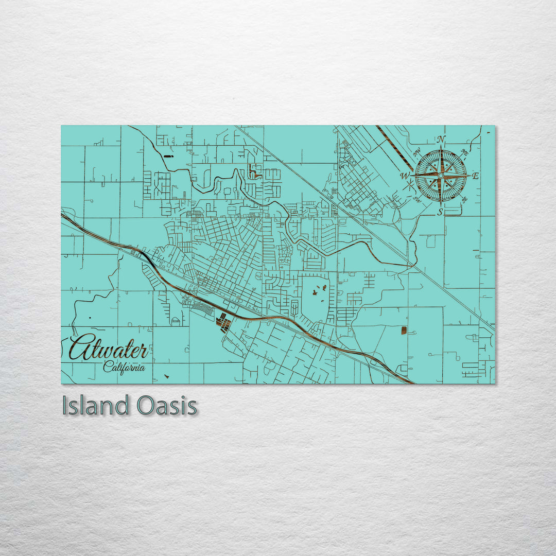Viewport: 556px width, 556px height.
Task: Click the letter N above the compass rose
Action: click(x=441, y=140)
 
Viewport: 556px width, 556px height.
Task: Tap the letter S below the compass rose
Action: click(x=440, y=211)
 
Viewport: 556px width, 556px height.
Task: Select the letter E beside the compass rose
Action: click(x=475, y=176)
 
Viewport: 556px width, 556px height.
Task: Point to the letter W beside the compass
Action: click(x=405, y=176)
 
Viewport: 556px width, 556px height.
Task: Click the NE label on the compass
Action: click(x=464, y=152)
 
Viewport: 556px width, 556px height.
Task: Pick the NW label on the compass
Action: click(x=416, y=152)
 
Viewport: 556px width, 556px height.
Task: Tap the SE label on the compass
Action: click(x=464, y=199)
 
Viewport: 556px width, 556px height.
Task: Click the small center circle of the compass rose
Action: click(x=440, y=176)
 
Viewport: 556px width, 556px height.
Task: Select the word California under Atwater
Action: click(x=124, y=367)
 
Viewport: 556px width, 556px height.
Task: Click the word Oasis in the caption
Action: click(x=167, y=406)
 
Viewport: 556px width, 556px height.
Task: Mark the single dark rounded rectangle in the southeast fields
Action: click(x=404, y=330)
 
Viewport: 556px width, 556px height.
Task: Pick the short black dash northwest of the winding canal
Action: click(x=168, y=155)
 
